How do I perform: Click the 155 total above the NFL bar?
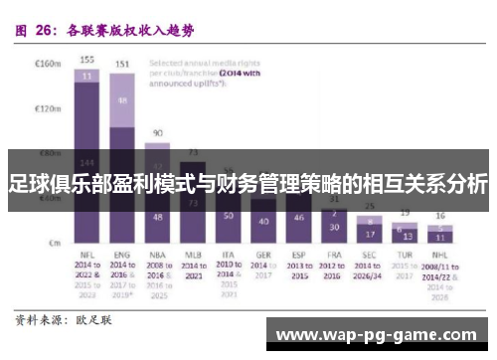click(x=87, y=60)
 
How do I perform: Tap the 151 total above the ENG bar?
click(x=122, y=65)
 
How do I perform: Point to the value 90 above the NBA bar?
click(x=157, y=132)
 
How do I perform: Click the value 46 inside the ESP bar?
click(x=298, y=218)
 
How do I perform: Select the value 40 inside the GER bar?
click(x=263, y=221)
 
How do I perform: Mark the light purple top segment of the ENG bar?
click(x=122, y=100)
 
